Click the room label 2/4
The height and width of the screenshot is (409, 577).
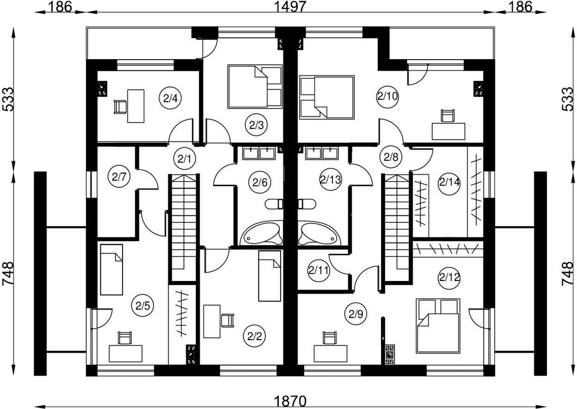click(x=171, y=98)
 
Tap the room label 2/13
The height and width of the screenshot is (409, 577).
click(x=331, y=179)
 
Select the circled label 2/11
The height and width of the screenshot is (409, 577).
click(x=319, y=270)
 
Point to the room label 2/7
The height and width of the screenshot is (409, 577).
click(x=119, y=177)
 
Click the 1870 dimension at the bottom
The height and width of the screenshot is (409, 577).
click(x=290, y=401)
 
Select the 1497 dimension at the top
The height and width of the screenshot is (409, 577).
click(x=290, y=6)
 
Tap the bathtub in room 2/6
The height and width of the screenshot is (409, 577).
click(x=262, y=233)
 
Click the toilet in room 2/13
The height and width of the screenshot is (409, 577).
click(x=307, y=204)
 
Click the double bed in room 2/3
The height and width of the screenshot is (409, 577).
click(x=254, y=86)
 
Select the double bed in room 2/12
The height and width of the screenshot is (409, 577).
click(x=438, y=326)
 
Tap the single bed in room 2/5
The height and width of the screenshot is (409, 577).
click(x=111, y=269)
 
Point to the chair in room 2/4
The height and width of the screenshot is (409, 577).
click(x=120, y=107)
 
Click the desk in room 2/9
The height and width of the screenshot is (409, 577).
click(x=331, y=354)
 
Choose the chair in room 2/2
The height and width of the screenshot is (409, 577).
click(x=227, y=321)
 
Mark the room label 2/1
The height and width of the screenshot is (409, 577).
click(x=184, y=159)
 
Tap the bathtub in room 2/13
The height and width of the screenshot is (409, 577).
click(x=319, y=233)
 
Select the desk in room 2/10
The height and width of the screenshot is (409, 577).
click(x=448, y=131)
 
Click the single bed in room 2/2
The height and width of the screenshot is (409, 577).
click(x=270, y=276)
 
